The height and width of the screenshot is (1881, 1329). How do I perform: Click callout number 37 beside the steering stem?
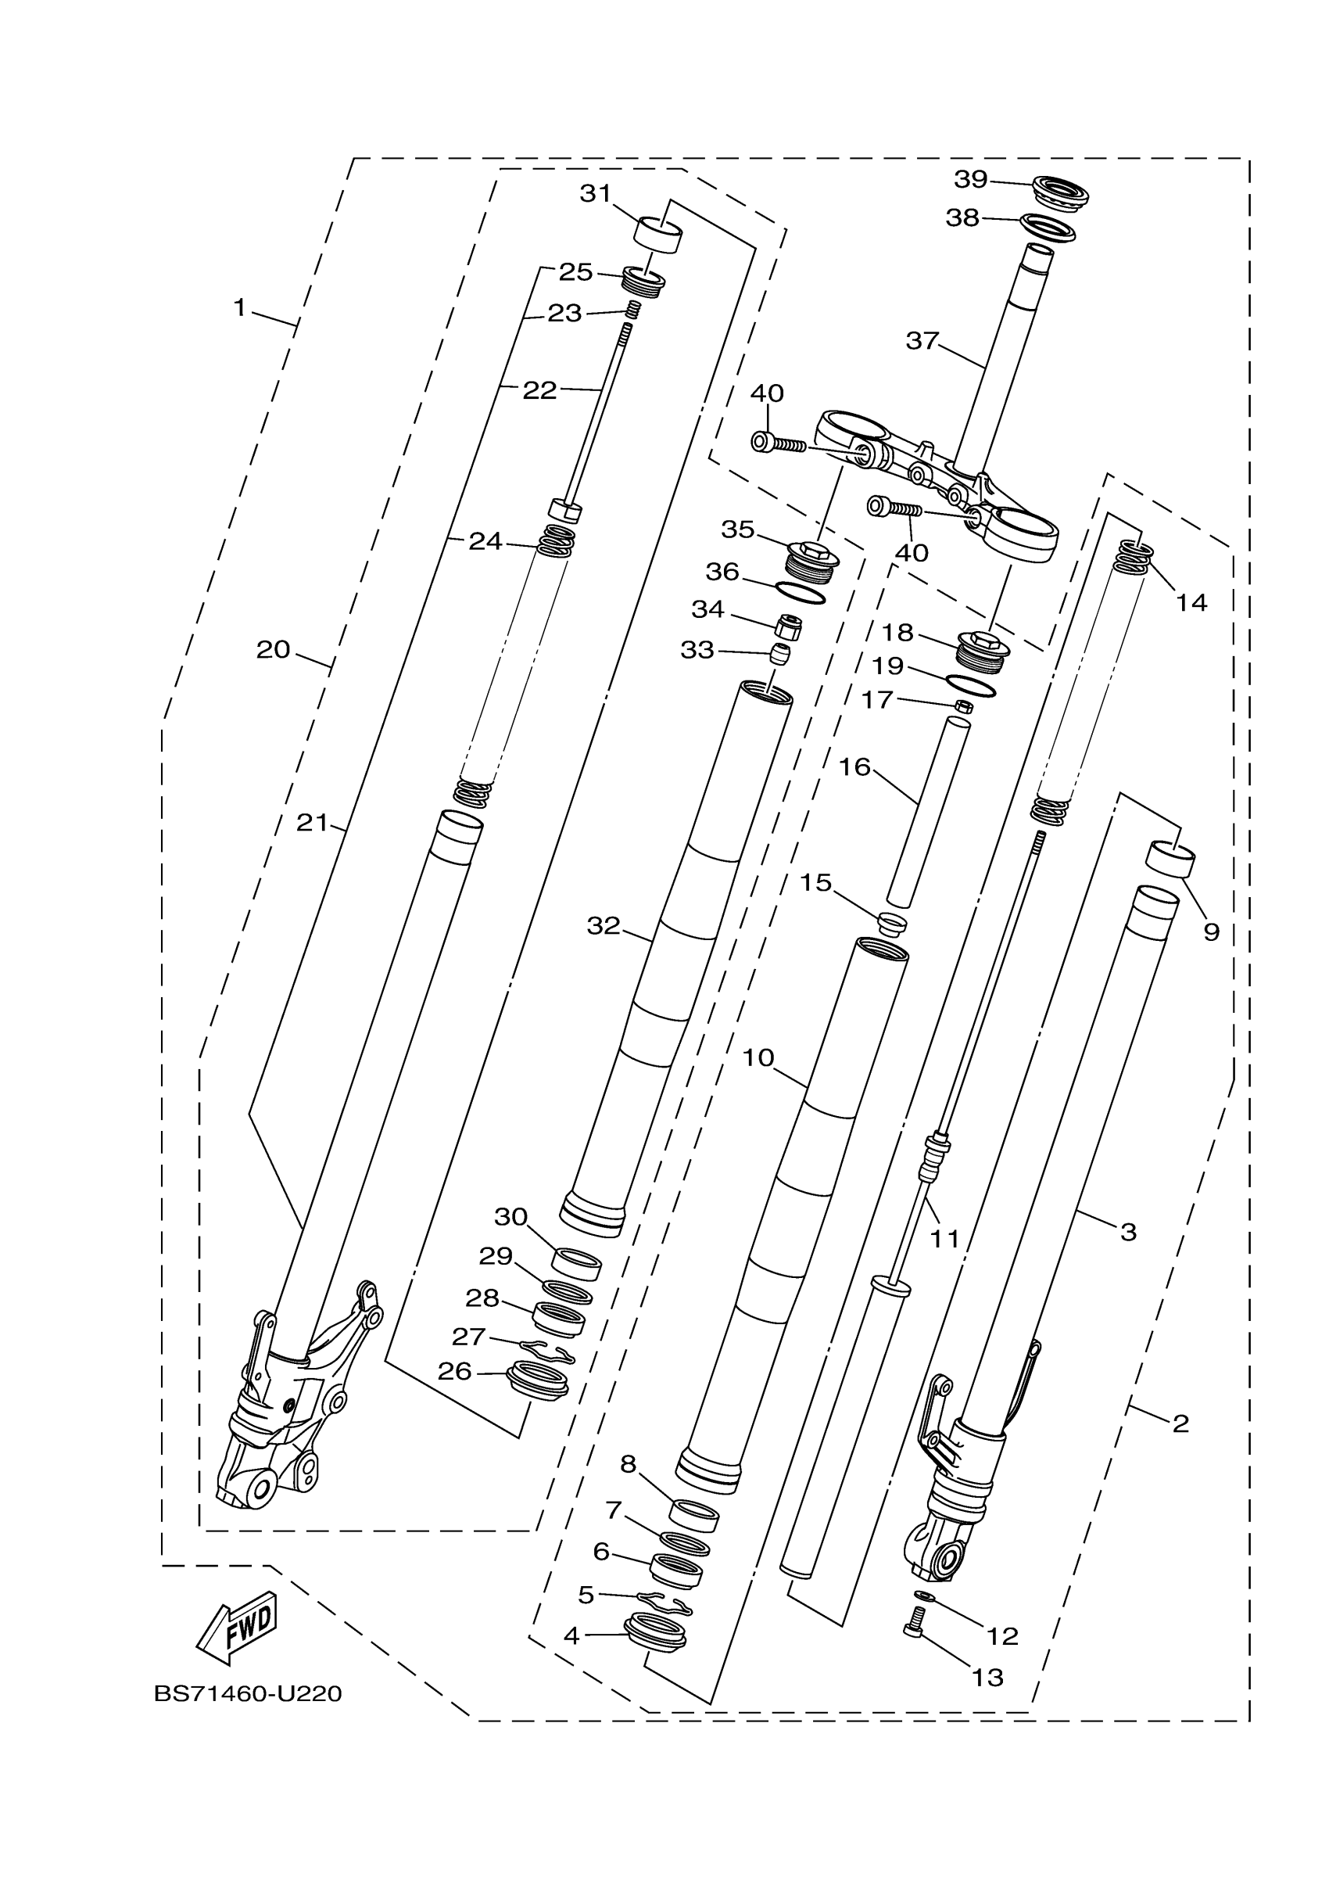click(922, 340)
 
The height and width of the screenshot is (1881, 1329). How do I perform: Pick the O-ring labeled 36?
click(799, 593)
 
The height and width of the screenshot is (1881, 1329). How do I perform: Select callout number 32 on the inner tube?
click(604, 926)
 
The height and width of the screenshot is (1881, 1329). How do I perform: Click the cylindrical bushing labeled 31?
click(658, 235)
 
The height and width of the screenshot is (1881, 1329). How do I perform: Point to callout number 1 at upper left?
click(239, 308)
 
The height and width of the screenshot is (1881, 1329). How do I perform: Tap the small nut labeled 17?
click(964, 706)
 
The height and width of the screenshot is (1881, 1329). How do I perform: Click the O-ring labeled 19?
click(971, 685)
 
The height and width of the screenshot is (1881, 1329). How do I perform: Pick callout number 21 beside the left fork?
click(312, 823)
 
